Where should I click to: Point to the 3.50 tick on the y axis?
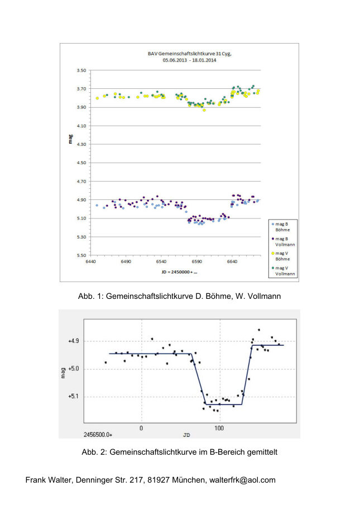81,70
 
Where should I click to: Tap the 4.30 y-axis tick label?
81,144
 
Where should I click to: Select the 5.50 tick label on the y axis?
81,255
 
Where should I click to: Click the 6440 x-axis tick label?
91,261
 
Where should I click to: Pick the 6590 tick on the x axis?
196,261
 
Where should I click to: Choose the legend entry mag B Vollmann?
284,241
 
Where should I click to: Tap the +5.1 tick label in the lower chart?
75,397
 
